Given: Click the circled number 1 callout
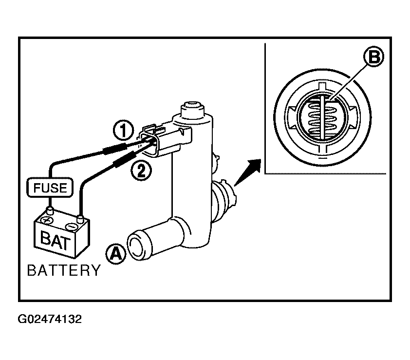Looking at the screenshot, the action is click(123, 130).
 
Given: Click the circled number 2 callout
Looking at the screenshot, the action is click(141, 171).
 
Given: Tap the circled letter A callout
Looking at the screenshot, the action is click(116, 253).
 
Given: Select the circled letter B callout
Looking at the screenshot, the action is click(373, 56).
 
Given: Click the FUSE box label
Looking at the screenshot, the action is click(50, 188).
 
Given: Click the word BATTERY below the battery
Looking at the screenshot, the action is click(64, 270).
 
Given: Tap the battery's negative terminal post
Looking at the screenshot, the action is click(80, 218).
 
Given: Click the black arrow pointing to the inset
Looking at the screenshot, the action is click(247, 172).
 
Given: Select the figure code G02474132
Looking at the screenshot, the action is click(50, 319).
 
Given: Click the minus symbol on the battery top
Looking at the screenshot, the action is click(72, 226).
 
